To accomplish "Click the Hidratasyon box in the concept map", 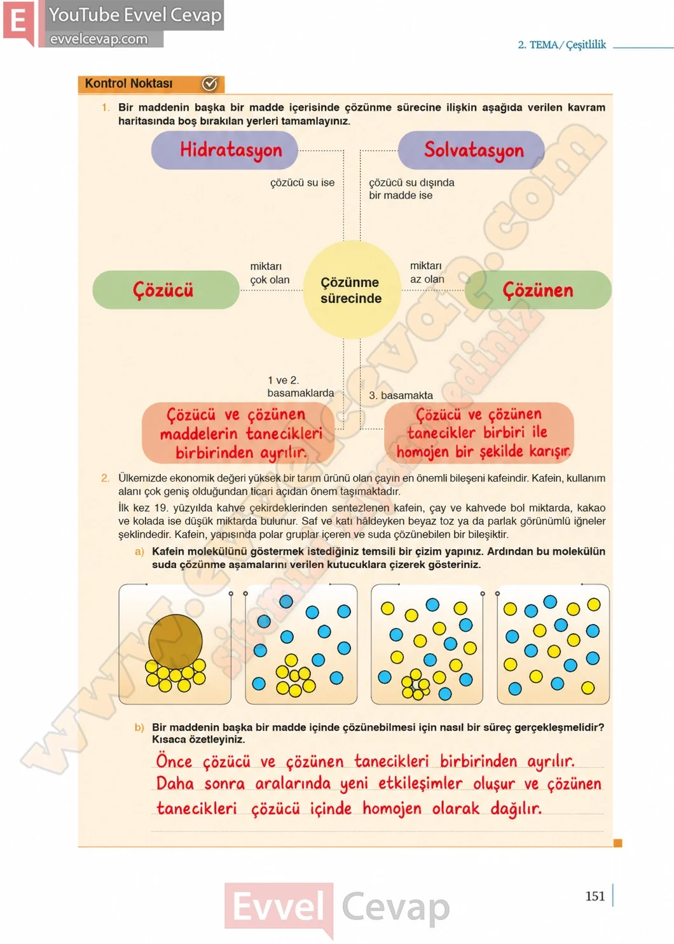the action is tap(224, 150).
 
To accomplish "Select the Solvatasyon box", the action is tap(471, 150).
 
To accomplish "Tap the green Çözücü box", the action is tap(166, 290).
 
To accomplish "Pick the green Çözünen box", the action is tap(538, 290).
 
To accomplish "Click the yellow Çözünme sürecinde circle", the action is tap(352, 290).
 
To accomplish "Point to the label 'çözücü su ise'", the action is tap(303, 183).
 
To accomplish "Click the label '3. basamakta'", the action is tap(401, 395).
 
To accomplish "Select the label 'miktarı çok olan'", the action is tap(270, 273).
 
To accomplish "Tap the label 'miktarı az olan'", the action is tap(427, 272).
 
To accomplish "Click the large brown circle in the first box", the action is tap(175, 641).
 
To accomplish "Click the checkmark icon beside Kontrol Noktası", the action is tap(209, 84).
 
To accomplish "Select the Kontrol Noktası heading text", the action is tap(128, 83).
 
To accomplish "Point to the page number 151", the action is tap(595, 896).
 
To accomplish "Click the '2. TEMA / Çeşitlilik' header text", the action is tap(562, 45).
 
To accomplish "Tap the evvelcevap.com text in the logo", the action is tap(99, 39).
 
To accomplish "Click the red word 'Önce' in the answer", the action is tap(174, 761).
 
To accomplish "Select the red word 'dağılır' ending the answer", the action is tap(516, 809).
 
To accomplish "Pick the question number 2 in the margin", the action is tap(105, 478).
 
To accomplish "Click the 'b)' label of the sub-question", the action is tap(139, 727).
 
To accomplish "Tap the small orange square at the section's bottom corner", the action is tap(618, 843).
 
